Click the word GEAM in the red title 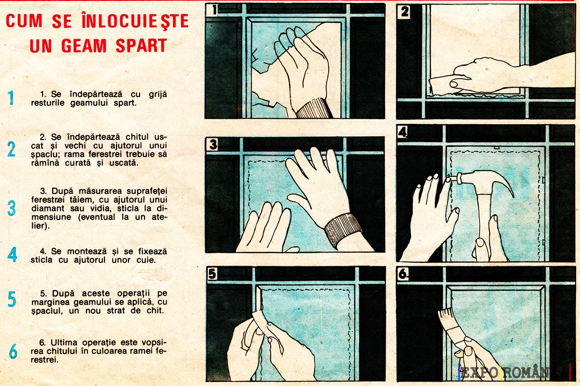pos(84,46)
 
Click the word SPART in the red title pos(141,46)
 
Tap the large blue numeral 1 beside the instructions pos(11,98)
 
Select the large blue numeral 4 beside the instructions pos(12,254)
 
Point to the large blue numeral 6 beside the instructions pos(13,351)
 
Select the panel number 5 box pos(212,273)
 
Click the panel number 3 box pos(213,144)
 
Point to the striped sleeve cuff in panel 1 pos(314,109)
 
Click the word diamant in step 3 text pos(48,208)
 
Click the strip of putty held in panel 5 pos(260,322)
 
